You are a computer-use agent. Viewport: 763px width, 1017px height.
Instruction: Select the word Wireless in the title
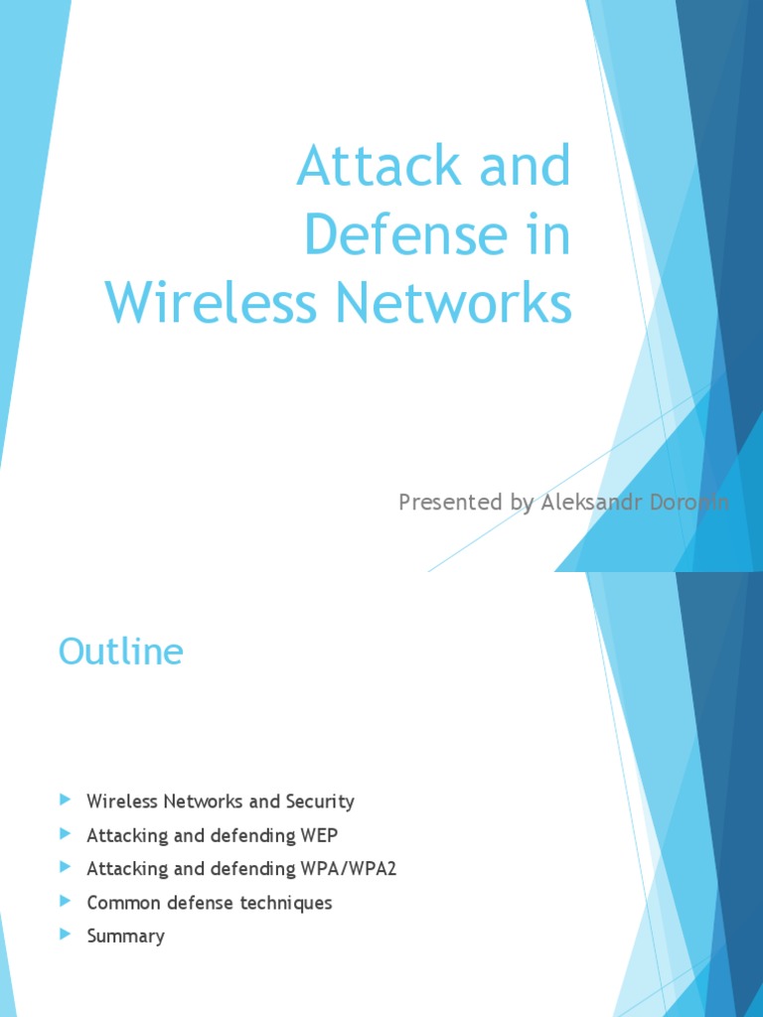point(212,303)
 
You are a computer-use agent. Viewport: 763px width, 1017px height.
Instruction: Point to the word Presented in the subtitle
point(451,503)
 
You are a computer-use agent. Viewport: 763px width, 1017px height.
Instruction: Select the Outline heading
point(120,652)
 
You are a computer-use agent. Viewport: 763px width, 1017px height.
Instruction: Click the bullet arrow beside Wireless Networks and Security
point(66,799)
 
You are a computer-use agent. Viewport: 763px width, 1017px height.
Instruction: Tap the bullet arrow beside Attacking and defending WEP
point(66,833)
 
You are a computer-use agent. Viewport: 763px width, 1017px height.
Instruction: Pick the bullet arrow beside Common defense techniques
point(66,901)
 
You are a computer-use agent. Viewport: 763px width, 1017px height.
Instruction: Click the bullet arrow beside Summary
point(66,935)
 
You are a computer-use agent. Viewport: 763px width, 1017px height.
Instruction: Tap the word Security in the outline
point(320,801)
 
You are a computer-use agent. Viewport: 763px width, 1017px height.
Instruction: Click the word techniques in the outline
point(286,903)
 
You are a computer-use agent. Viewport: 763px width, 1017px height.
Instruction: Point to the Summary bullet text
point(125,937)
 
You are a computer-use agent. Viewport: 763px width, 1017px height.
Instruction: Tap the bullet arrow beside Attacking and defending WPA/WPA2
point(66,867)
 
